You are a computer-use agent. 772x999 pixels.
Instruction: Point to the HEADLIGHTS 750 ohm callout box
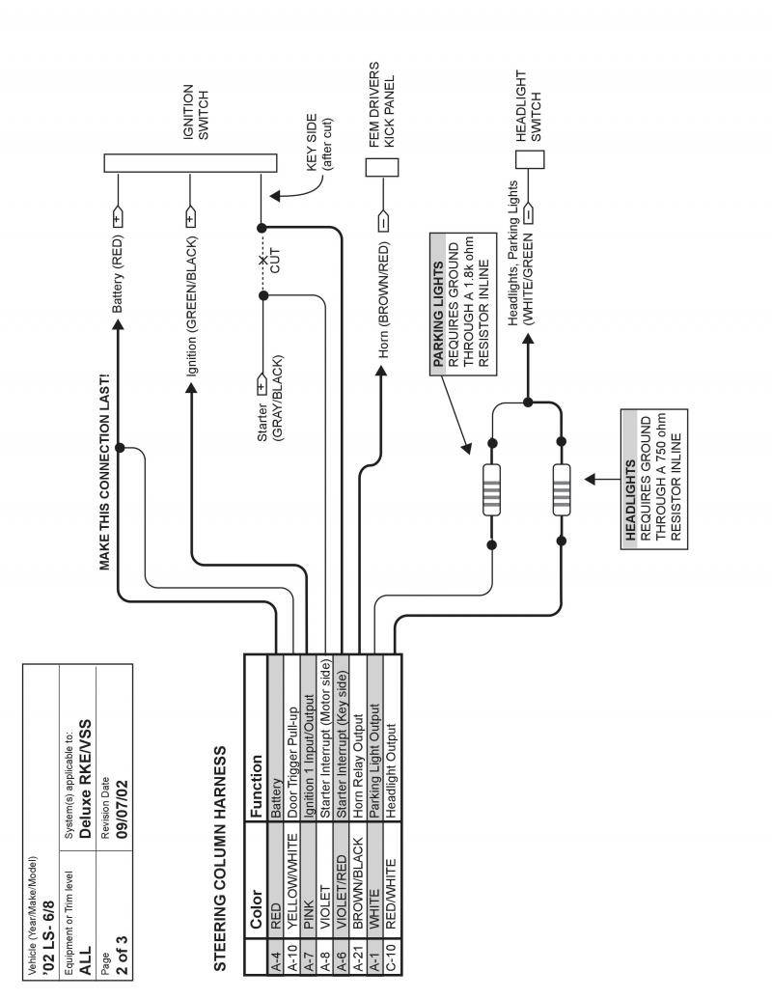654,478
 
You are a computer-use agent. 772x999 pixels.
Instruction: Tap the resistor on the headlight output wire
561,490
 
